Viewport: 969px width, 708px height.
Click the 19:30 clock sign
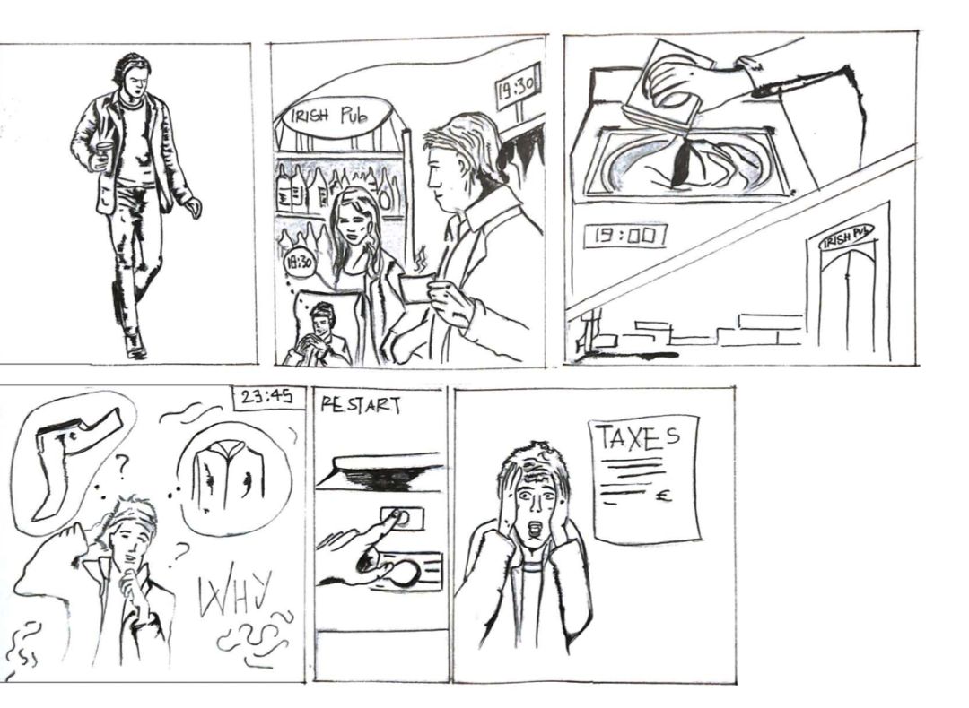click(x=518, y=86)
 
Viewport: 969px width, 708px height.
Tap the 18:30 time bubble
click(x=299, y=263)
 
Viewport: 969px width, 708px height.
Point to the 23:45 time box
click(x=267, y=397)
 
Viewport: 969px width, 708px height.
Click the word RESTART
click(x=361, y=405)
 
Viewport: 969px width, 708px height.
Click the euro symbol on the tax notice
click(x=664, y=495)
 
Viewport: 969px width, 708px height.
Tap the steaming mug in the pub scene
click(x=416, y=288)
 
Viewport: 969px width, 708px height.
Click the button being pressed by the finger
click(x=402, y=516)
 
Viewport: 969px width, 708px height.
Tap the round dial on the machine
click(x=403, y=574)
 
